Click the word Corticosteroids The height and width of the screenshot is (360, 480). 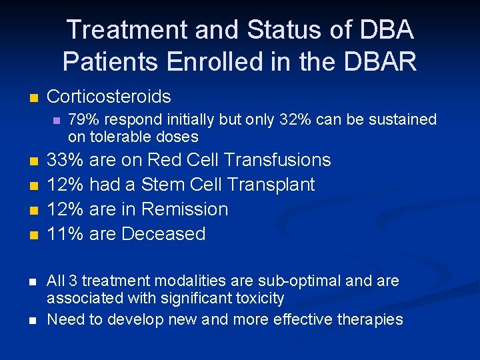point(109,97)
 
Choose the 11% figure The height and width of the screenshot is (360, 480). point(65,234)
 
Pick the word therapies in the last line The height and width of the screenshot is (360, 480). point(368,319)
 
